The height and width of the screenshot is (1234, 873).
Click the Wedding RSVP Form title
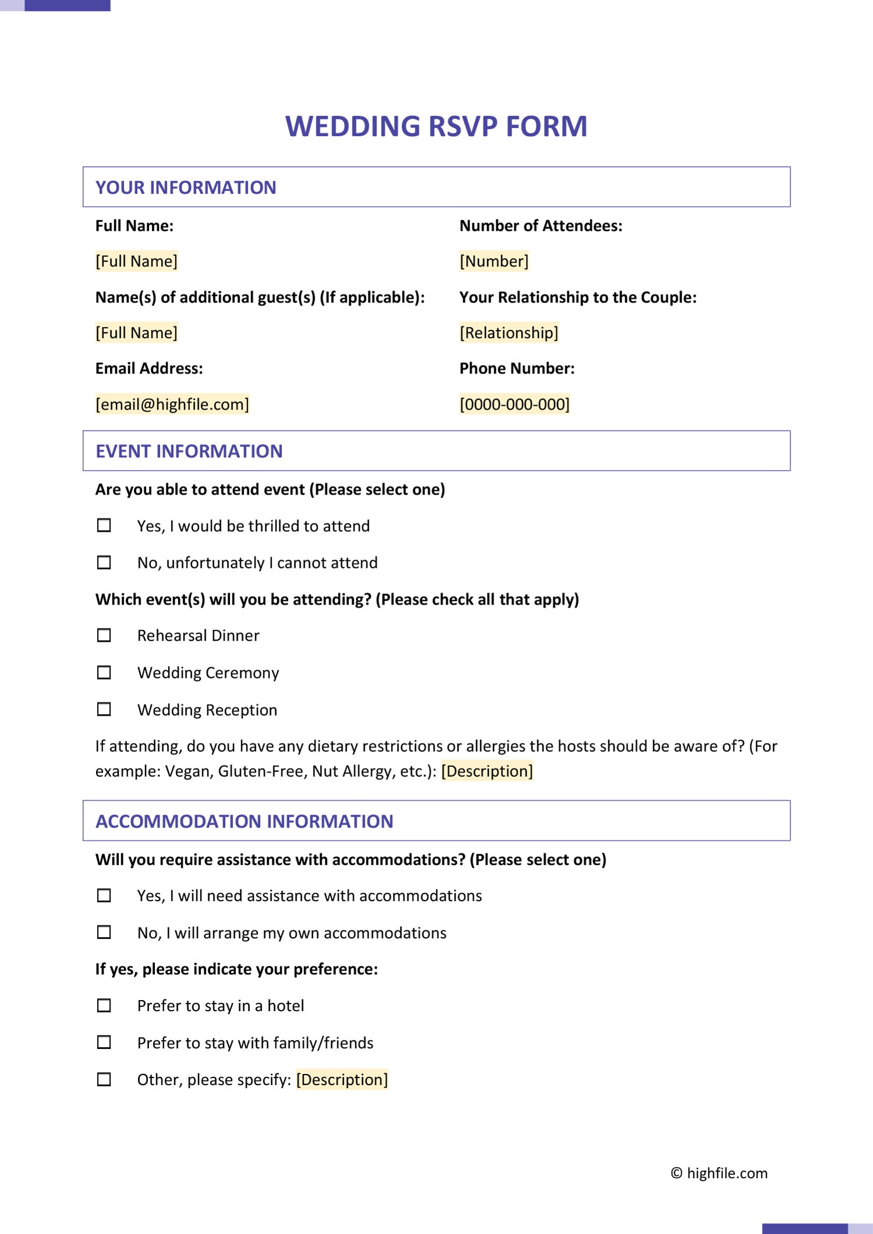[x=436, y=126]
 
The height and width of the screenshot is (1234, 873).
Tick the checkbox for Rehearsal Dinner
[x=104, y=635]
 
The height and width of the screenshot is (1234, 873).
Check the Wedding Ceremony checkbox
[x=104, y=673]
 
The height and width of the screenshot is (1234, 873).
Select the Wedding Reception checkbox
[x=104, y=709]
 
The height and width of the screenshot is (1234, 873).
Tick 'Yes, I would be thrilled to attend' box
[x=104, y=525]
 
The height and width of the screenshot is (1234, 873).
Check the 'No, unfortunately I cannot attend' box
[x=104, y=563]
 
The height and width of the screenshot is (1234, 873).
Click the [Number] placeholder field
[x=494, y=261]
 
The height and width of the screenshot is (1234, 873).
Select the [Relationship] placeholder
[x=509, y=333]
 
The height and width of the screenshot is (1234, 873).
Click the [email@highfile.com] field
[x=172, y=404]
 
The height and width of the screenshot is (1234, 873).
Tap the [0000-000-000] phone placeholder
[x=514, y=404]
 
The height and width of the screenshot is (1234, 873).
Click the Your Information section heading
[x=186, y=187]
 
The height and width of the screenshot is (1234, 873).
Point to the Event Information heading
[x=189, y=451]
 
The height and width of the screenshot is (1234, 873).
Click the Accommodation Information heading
[x=244, y=821]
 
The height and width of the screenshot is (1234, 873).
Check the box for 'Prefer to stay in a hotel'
[x=104, y=1005]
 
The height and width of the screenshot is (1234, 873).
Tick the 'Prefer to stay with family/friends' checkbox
[x=104, y=1042]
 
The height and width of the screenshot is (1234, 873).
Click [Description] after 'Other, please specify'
[x=342, y=1079]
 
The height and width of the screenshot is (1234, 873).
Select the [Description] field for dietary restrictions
[x=487, y=771]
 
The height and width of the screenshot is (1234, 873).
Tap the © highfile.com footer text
[x=719, y=1173]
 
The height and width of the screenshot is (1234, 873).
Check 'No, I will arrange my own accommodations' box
[x=104, y=932]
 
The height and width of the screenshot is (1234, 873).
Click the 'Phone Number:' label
[x=517, y=368]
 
